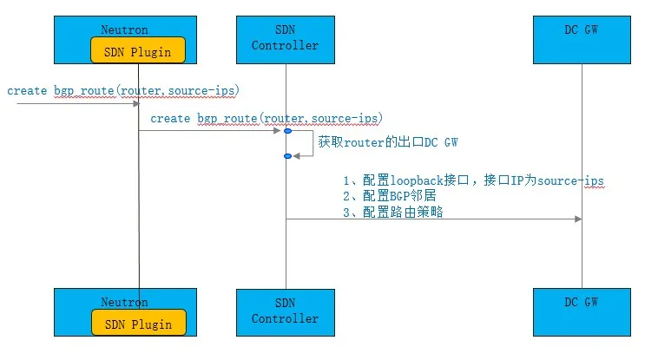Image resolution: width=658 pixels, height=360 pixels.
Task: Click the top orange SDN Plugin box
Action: point(138,50)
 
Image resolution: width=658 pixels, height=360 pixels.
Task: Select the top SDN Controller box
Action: point(285,38)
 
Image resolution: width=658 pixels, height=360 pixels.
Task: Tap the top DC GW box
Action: point(581,38)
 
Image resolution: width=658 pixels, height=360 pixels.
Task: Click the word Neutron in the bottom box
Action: point(124,302)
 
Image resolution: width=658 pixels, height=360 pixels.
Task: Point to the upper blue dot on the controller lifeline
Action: point(286,131)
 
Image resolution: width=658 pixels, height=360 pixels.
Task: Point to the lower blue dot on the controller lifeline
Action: point(286,156)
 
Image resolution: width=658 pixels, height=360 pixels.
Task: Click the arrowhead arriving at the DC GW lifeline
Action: point(576,219)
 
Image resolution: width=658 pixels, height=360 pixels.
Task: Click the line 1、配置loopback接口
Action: point(473,180)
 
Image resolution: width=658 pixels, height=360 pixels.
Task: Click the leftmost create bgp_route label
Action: point(123,90)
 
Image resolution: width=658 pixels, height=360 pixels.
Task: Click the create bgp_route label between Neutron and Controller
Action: point(266,117)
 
